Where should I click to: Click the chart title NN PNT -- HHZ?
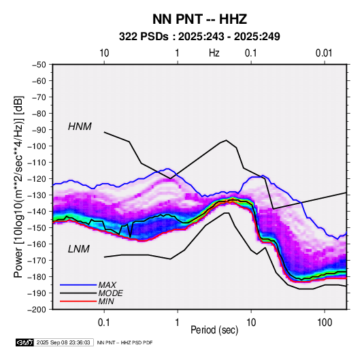click(x=199, y=19)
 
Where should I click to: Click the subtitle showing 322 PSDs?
click(x=199, y=37)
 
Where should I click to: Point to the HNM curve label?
click(x=80, y=127)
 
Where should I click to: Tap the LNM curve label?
click(x=79, y=249)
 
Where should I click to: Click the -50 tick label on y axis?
click(x=39, y=65)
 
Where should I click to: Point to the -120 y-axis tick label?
click(x=37, y=179)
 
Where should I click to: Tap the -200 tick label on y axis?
click(x=37, y=310)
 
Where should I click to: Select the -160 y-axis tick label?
click(x=37, y=244)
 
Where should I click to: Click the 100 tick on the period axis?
click(x=325, y=323)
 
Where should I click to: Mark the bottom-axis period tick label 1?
click(x=178, y=323)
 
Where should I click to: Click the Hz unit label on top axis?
click(x=214, y=53)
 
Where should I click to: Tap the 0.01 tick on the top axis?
click(x=324, y=53)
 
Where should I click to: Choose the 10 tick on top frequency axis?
click(x=104, y=53)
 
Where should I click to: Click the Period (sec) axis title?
click(x=214, y=330)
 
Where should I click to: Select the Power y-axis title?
click(x=18, y=186)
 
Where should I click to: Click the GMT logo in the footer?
click(x=25, y=342)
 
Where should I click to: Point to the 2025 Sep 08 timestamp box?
click(x=63, y=342)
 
